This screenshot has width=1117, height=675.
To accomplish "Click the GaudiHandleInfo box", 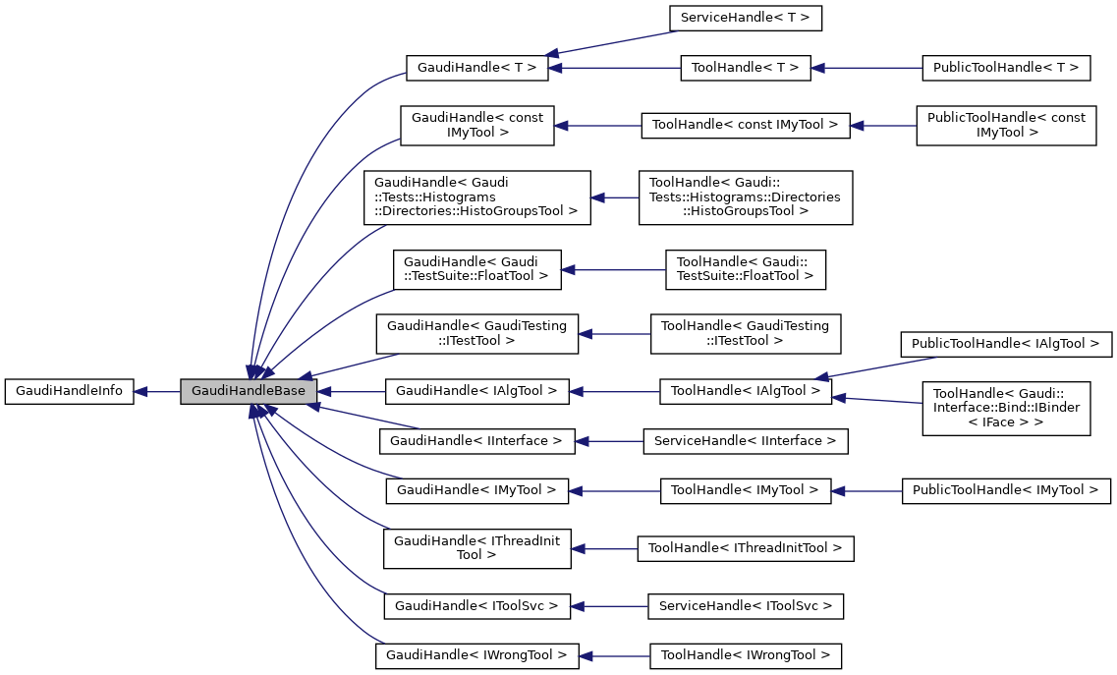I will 69,391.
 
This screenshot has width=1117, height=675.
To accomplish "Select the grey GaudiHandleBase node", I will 249,391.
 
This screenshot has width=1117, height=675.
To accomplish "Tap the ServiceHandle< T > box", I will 745,18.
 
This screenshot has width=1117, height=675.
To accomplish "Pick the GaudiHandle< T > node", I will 475,68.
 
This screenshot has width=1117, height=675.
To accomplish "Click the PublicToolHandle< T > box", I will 1006,68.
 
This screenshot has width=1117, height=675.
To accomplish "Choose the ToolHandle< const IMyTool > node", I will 745,125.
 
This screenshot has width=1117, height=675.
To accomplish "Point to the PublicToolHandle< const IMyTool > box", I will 1006,125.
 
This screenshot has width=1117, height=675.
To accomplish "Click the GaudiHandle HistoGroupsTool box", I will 476,197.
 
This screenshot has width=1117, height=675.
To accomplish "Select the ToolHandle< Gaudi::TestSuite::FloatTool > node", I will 745,269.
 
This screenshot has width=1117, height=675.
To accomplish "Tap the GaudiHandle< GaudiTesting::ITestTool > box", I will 476,333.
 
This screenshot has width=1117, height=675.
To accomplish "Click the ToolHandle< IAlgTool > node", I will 745,391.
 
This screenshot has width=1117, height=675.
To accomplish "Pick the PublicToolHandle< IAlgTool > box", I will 1006,344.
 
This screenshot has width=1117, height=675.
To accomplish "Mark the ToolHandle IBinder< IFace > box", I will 1006,409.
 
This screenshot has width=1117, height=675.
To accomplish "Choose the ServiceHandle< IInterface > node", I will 745,441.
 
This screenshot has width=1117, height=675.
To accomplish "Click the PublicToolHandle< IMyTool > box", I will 1006,489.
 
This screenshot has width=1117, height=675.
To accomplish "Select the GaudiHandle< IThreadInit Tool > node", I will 476,547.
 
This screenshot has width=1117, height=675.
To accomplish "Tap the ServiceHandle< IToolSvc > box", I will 745,606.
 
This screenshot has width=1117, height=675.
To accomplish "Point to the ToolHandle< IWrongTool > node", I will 745,654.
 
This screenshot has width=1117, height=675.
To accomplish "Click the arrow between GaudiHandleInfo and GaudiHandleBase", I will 157,391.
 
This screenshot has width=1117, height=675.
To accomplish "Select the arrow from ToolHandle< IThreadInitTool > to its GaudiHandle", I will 604,548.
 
